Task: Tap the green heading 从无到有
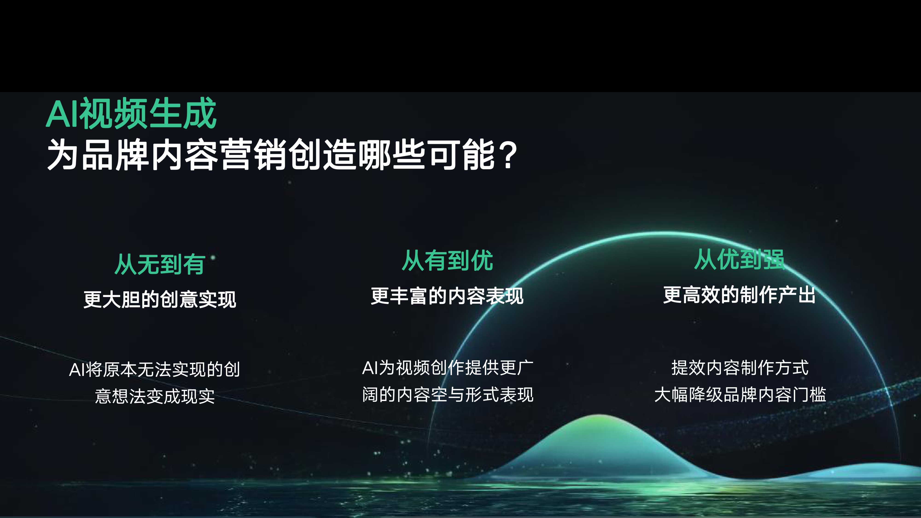click(x=160, y=264)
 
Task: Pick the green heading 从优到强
click(x=739, y=259)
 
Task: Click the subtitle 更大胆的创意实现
click(x=160, y=299)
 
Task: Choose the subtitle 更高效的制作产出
click(x=739, y=295)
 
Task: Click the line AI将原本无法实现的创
click(x=154, y=369)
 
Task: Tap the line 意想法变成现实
click(x=155, y=396)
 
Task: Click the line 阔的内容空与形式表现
click(x=448, y=395)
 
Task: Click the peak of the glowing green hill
click(x=600, y=415)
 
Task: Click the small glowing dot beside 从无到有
click(x=213, y=257)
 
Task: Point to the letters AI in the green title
click(x=63, y=114)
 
